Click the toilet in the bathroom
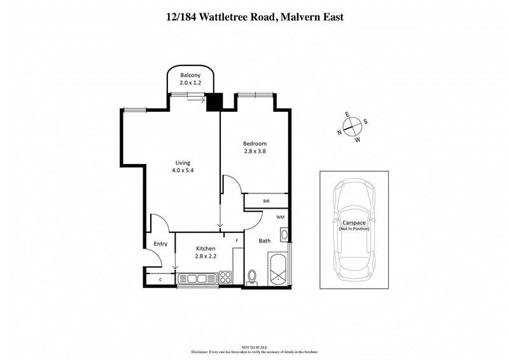[x=253, y=277]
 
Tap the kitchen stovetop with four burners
[x=225, y=277]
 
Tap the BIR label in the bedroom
[x=267, y=202]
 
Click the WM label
[x=281, y=217]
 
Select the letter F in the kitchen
[x=237, y=240]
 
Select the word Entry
[x=160, y=244]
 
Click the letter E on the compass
[x=347, y=114]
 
